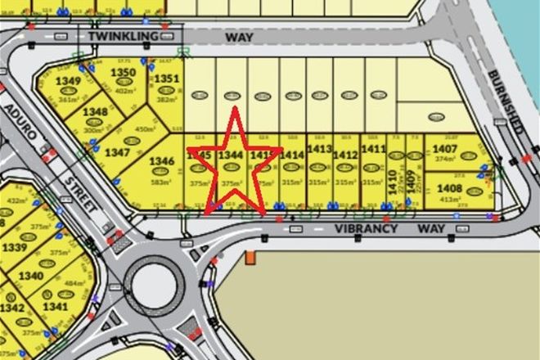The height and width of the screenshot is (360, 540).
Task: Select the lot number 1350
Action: pos(123,73)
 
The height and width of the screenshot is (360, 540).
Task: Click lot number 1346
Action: pos(162,162)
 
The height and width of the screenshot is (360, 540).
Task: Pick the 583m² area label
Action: pos(162,182)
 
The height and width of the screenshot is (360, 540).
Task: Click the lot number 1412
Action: pos(346,155)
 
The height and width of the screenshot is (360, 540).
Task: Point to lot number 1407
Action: pos(445,149)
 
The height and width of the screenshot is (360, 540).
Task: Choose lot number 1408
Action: pos(450,187)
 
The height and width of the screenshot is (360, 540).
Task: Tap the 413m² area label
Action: pos(448,199)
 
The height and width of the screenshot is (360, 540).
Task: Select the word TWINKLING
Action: pos(122,38)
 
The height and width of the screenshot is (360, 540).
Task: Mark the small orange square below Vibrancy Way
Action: pos(250,259)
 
